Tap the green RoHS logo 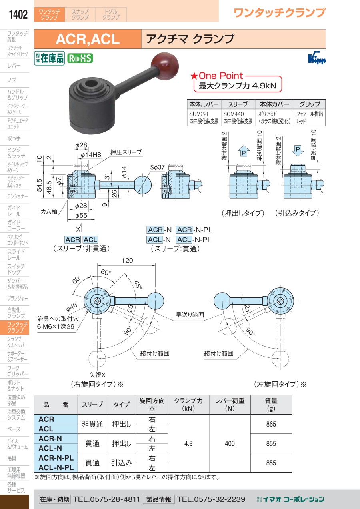(80, 58)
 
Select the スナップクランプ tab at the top (80, 14)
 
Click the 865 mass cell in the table (271, 424)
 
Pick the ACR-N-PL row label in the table (56, 458)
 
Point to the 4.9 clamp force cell (188, 443)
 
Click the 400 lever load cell (230, 443)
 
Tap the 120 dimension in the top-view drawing (127, 261)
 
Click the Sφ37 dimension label (157, 167)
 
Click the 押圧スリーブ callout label (126, 152)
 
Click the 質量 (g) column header (271, 404)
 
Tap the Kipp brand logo (317, 59)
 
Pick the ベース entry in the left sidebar (14, 429)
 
